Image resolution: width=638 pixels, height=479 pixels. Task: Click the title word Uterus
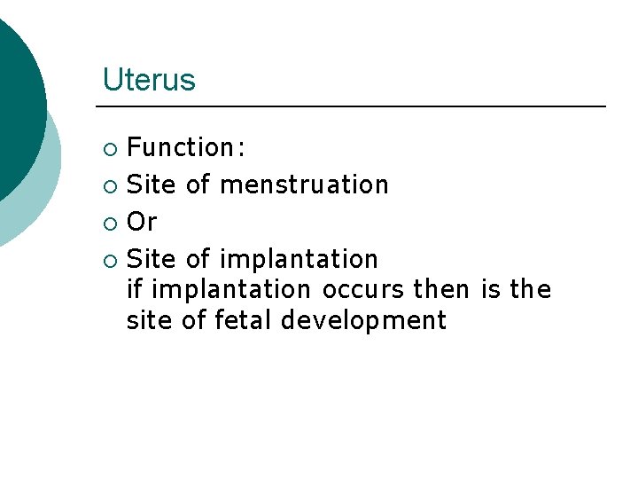click(149, 80)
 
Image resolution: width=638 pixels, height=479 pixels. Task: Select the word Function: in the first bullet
click(186, 147)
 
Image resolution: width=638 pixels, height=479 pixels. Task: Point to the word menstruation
click(304, 185)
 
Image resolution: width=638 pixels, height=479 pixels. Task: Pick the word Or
click(142, 222)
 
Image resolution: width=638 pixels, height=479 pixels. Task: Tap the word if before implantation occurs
click(134, 290)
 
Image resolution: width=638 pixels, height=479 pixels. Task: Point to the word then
click(441, 290)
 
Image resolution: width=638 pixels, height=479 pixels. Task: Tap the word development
click(363, 320)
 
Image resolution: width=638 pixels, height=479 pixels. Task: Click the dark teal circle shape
click(13, 98)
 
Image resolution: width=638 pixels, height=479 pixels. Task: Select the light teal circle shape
click(40, 191)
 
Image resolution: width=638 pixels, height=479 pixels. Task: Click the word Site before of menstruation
click(152, 185)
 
